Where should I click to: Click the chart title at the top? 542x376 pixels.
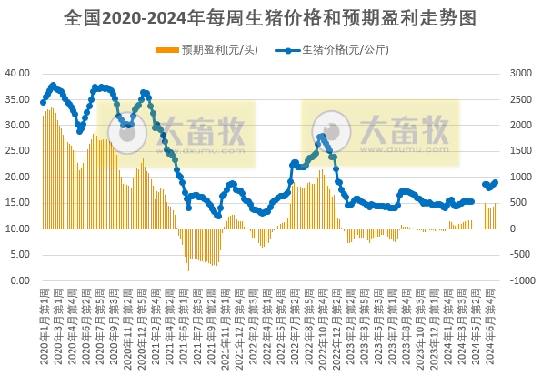tap(271, 17)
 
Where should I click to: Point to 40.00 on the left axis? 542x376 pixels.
tap(18, 73)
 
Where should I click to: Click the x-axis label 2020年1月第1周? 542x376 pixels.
tap(44, 328)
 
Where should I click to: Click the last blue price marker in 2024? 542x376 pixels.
tap(496, 181)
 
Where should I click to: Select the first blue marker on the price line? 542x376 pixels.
tap(43, 102)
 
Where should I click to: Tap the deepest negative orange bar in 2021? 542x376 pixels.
tap(188, 270)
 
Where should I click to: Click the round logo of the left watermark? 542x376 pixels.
tap(128, 133)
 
